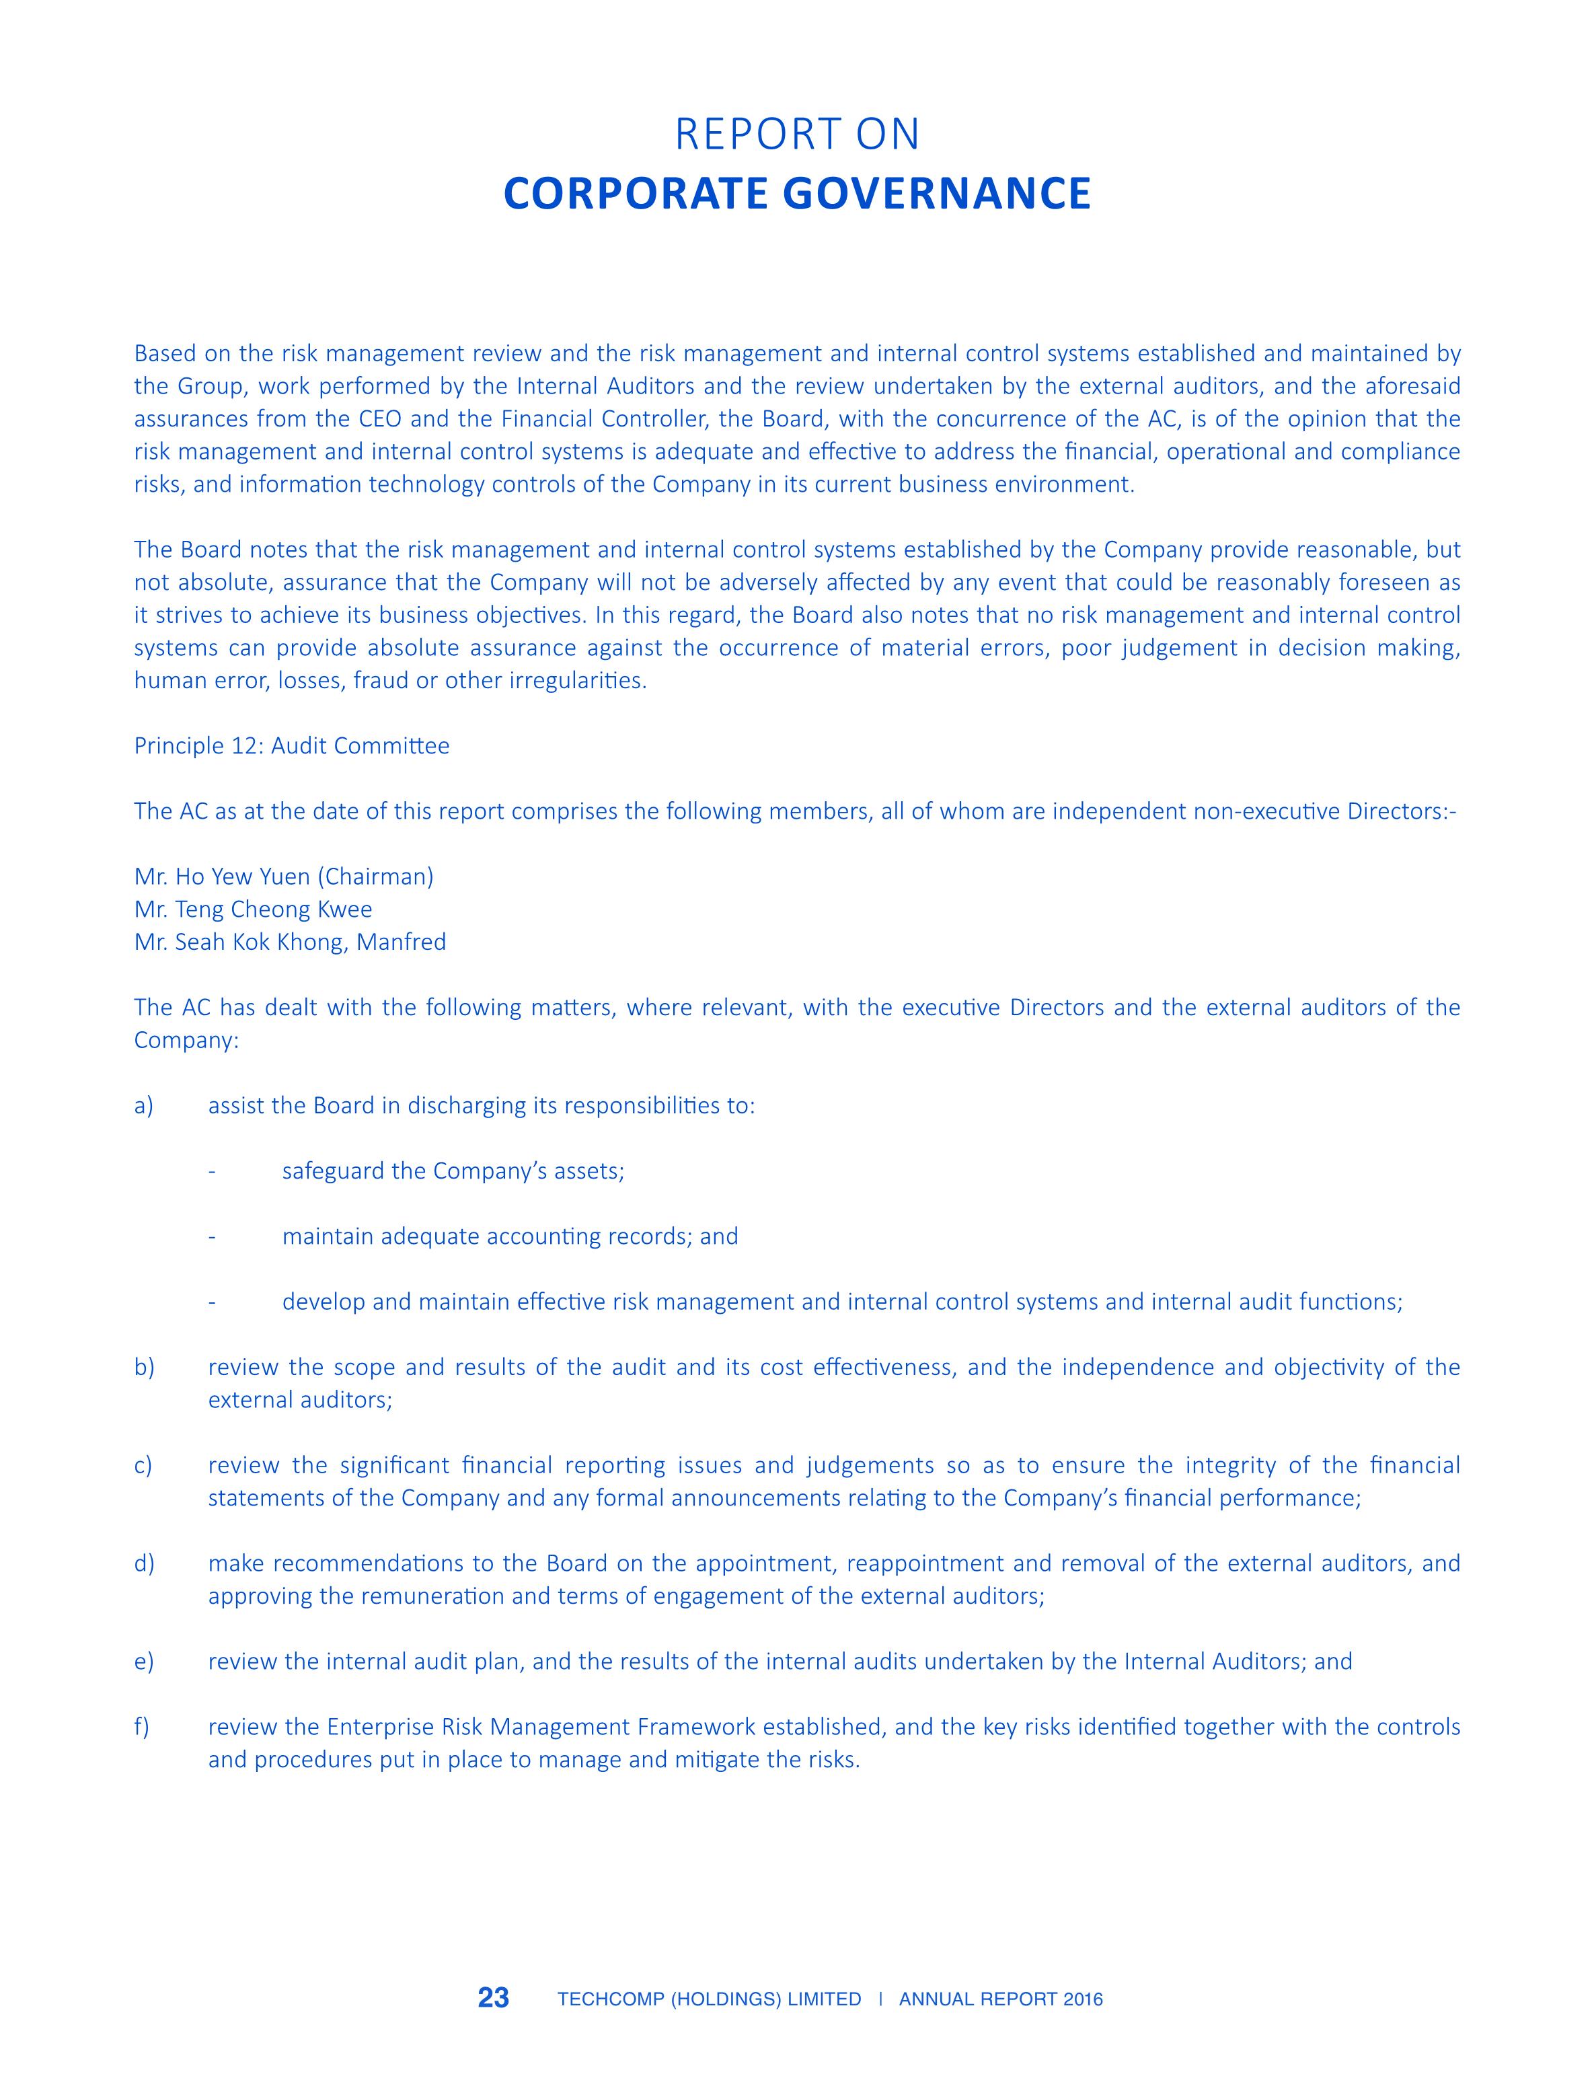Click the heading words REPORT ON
coord(797,135)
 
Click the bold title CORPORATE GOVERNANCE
coord(797,194)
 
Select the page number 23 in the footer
coord(494,1998)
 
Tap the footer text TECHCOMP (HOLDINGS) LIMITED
coord(709,1999)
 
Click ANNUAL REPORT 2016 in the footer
coord(1001,1999)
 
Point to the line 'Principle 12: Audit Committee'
coord(291,746)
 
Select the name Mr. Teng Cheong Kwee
coord(254,909)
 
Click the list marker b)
coord(144,1367)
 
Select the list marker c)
coord(143,1465)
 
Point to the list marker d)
coord(144,1563)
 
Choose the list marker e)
coord(143,1662)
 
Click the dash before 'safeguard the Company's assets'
coord(213,1172)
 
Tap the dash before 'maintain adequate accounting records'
coord(213,1237)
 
